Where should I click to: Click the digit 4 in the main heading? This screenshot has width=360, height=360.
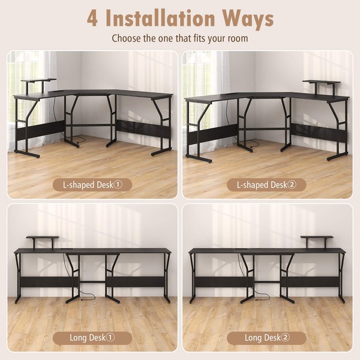click(x=92, y=19)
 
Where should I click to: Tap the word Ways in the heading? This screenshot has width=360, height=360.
click(x=248, y=20)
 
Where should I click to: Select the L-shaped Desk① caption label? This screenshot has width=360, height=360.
click(x=92, y=185)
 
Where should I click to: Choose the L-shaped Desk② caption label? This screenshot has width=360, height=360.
click(x=266, y=185)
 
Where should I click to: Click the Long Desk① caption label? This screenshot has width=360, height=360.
click(x=92, y=338)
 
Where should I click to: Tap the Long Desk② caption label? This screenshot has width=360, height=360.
click(x=266, y=338)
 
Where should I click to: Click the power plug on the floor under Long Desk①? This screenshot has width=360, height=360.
click(x=81, y=299)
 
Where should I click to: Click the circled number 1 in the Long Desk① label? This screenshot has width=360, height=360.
click(x=110, y=337)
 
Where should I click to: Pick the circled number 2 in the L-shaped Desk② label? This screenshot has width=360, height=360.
click(x=292, y=185)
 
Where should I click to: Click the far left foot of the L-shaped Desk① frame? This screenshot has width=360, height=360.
click(x=27, y=154)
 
